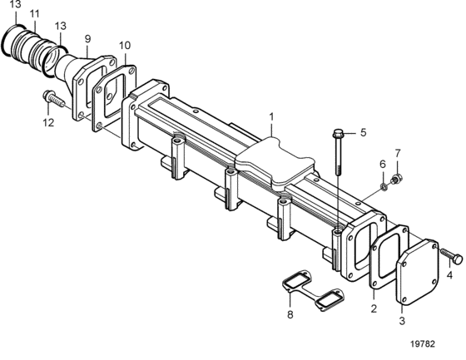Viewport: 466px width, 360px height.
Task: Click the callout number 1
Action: click(271, 117)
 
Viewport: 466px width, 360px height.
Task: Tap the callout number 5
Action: click(364, 132)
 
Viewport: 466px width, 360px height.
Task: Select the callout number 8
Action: click(290, 314)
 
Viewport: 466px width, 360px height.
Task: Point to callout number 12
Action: click(48, 122)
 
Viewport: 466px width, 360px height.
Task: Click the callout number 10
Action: click(125, 46)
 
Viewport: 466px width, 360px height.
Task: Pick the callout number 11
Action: click(35, 14)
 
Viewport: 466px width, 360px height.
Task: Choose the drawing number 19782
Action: click(423, 343)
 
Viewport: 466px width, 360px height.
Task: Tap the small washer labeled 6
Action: click(384, 187)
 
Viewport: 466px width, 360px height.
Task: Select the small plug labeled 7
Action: click(396, 179)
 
